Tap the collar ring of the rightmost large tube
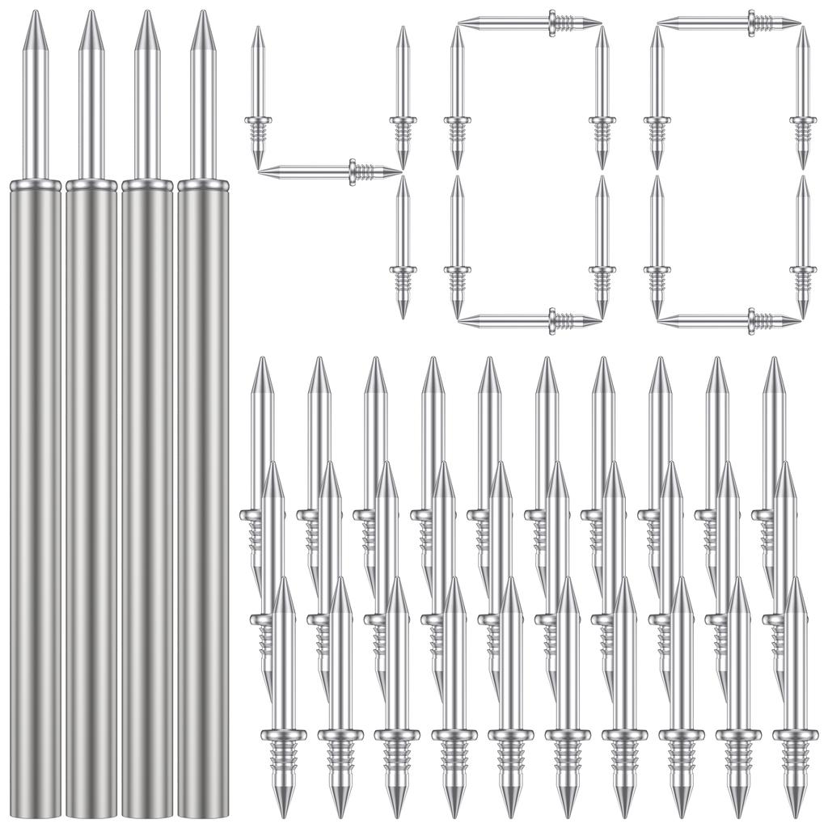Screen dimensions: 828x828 (x=203, y=185)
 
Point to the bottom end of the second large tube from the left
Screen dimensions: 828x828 (x=91, y=813)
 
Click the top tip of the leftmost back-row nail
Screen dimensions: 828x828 (x=261, y=361)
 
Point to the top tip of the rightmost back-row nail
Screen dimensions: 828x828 (x=774, y=361)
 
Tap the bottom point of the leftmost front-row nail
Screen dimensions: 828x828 (x=283, y=812)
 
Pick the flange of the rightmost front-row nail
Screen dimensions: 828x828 (x=795, y=735)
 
